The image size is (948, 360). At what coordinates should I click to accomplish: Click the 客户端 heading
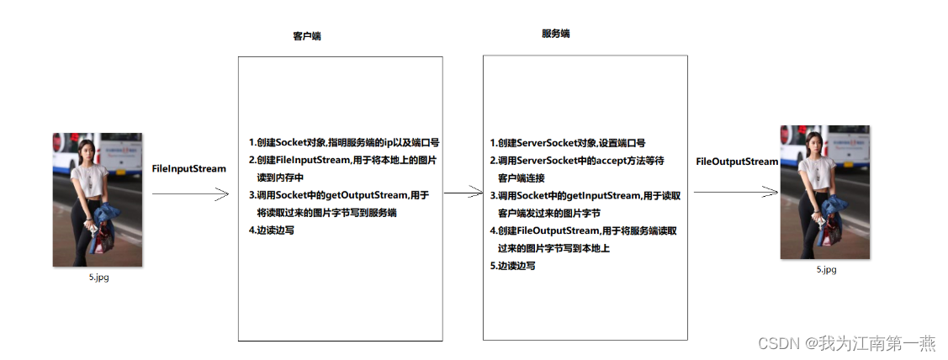click(x=306, y=37)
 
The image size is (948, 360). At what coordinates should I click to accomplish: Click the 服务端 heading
click(x=556, y=34)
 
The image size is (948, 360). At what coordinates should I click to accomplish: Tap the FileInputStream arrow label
click(x=188, y=169)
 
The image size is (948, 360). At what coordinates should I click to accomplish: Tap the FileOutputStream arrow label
click(x=737, y=161)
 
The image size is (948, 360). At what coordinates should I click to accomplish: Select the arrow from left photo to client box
click(x=190, y=194)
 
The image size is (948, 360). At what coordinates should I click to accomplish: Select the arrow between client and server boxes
click(x=463, y=193)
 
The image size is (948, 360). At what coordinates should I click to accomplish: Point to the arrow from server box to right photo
click(x=731, y=193)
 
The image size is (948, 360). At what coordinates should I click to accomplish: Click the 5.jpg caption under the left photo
click(x=98, y=278)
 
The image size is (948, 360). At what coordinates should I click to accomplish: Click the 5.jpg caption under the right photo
click(x=826, y=270)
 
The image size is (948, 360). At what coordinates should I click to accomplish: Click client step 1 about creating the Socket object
click(x=344, y=142)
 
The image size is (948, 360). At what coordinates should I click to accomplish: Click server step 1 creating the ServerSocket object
click(x=567, y=144)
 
